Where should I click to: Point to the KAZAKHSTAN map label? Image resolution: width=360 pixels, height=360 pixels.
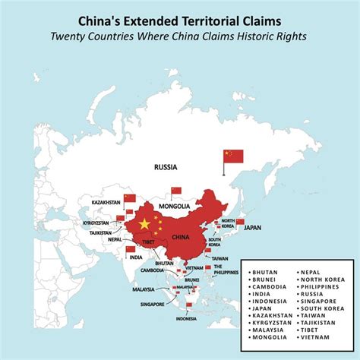pyautogui.click(x=106, y=203)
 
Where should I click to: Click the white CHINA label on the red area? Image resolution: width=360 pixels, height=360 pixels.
pyautogui.click(x=180, y=237)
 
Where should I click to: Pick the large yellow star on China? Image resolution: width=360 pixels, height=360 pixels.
pyautogui.click(x=144, y=225)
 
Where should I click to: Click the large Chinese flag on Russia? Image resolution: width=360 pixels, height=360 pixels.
pyautogui.click(x=233, y=156)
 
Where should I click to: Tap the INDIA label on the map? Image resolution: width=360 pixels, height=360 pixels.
pyautogui.click(x=135, y=257)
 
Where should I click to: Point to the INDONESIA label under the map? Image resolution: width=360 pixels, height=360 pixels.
pyautogui.click(x=186, y=319)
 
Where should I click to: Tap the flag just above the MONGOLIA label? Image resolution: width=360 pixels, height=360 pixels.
pyautogui.click(x=176, y=191)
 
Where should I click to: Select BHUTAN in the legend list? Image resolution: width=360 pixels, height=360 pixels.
pyautogui.click(x=266, y=271)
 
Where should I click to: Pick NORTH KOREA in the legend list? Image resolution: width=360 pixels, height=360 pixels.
pyautogui.click(x=322, y=279)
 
